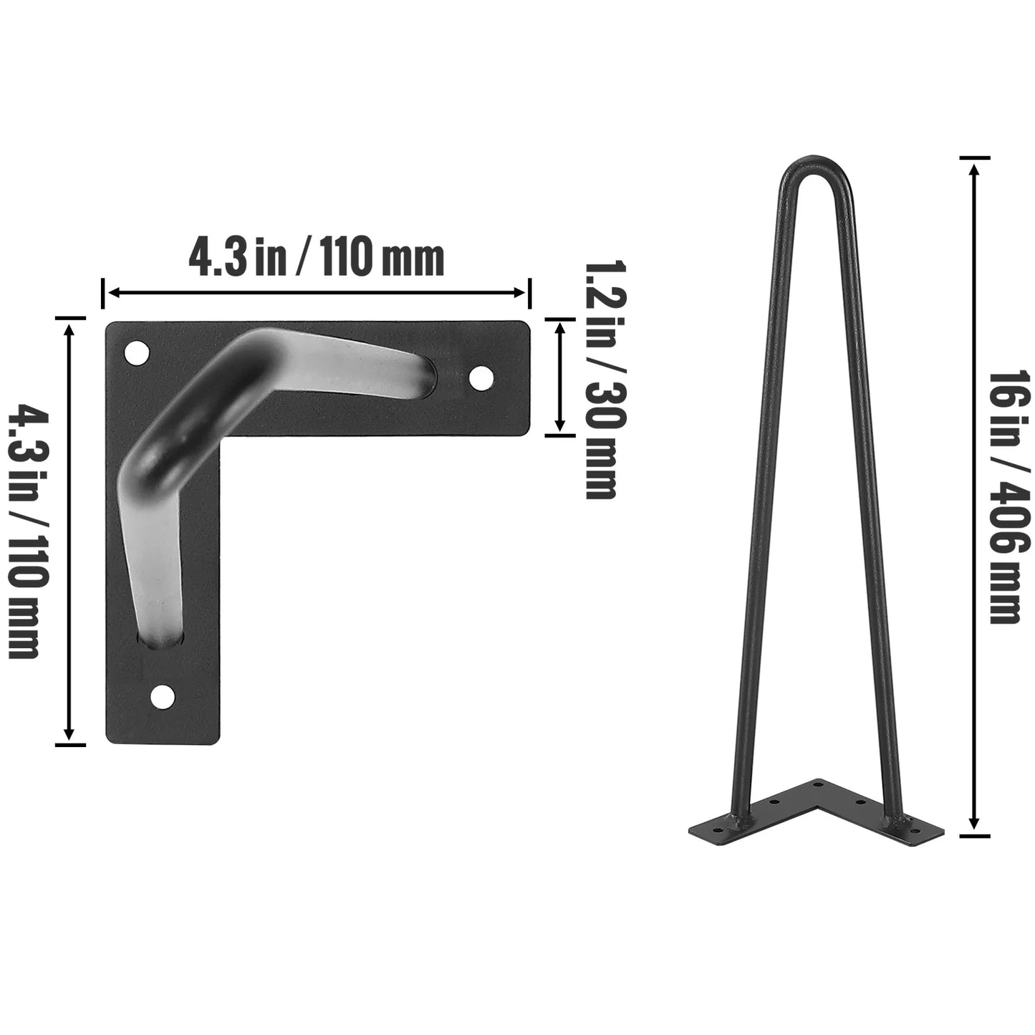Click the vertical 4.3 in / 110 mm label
pyautogui.click(x=24, y=531)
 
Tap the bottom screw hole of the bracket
pyautogui.click(x=164, y=695)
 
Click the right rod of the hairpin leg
pyautogui.click(x=875, y=501)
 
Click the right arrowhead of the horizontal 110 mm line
pyautogui.click(x=521, y=292)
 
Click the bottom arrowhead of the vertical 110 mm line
pyautogui.click(x=69, y=734)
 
